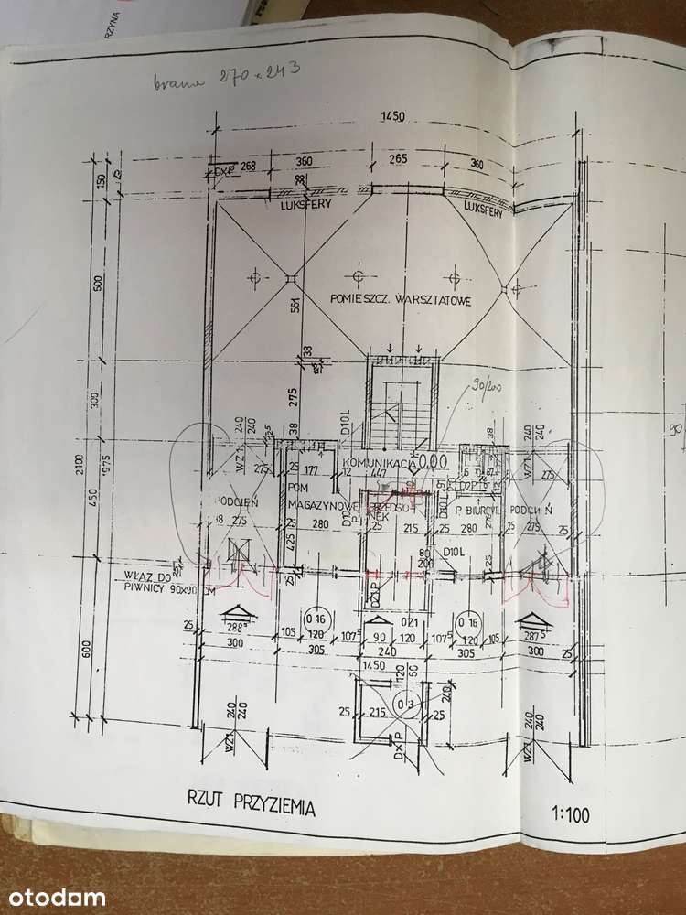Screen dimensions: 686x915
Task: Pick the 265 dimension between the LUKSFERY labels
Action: (x=397, y=158)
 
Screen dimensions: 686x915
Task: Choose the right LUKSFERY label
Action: (x=486, y=208)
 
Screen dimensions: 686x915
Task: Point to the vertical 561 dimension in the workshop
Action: (x=295, y=307)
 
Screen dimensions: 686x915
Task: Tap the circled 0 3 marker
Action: (x=402, y=704)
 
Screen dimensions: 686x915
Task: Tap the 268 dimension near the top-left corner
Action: (x=247, y=166)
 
